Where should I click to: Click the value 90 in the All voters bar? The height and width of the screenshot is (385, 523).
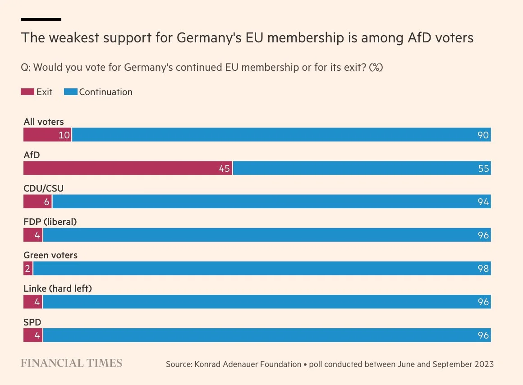pos(483,135)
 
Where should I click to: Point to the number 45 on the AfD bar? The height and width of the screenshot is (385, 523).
pos(224,169)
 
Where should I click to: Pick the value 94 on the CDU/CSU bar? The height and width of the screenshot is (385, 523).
pos(483,202)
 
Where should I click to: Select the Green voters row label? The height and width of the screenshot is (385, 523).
pos(50,255)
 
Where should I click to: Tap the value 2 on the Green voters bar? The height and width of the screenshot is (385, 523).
pos(28,269)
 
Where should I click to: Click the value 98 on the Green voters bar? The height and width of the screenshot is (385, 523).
pos(483,269)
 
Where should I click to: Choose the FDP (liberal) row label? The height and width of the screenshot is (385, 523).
pos(50,222)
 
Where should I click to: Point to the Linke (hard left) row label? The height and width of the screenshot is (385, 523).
pos(57,289)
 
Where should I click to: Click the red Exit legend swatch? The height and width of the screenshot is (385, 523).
pos(28,92)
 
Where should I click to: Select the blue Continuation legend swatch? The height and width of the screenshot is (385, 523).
pos(71,92)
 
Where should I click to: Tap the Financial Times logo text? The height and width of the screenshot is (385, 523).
pos(71,363)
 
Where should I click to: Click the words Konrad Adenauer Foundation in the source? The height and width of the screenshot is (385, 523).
pos(247,364)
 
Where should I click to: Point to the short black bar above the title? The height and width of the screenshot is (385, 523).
pos(41,19)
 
